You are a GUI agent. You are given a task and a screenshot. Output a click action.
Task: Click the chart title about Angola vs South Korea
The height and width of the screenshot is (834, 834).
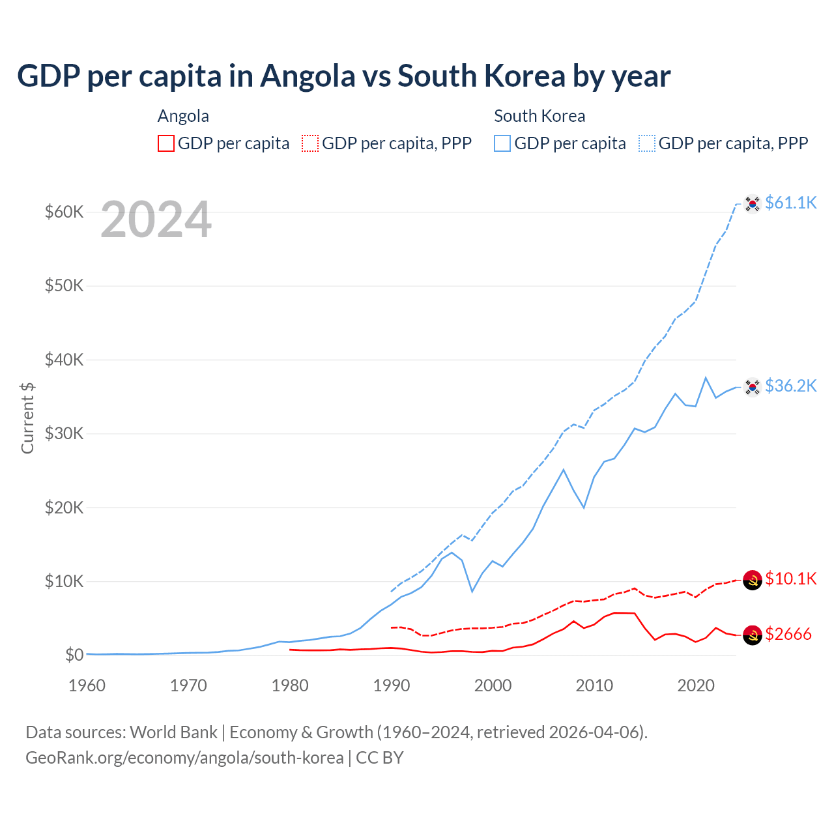pos(343,76)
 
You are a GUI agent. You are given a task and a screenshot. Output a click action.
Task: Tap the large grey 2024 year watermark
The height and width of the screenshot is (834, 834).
pos(156,220)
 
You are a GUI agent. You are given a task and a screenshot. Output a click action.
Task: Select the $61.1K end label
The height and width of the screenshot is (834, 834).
pos(790,203)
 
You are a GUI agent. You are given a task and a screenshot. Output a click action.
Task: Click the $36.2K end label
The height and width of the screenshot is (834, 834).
pos(790,386)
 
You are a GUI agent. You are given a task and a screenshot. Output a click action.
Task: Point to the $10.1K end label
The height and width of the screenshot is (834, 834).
pos(790,579)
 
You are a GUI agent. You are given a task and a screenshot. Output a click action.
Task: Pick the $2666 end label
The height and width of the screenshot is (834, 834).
pos(788,634)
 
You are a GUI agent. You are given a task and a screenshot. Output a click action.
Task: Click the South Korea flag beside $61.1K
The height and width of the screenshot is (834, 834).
pos(753,204)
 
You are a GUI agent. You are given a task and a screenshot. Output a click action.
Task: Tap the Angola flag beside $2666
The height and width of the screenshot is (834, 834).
pos(753,635)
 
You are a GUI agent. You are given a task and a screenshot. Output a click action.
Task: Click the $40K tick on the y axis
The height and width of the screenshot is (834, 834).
pos(64,360)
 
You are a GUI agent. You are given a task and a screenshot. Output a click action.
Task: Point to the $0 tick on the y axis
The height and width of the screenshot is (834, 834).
pos(74,655)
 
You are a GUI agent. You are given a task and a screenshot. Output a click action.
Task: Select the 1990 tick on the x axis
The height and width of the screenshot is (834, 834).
pos(392,685)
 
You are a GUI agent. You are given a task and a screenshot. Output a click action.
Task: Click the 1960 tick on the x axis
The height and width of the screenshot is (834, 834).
pos(87,685)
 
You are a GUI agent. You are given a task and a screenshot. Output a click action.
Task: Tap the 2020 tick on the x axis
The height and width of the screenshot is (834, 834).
pos(696,685)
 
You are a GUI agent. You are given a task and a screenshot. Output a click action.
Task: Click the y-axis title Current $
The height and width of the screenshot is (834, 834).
pos(27,418)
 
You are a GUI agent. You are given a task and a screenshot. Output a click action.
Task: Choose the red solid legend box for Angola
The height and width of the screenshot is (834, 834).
pos(166,143)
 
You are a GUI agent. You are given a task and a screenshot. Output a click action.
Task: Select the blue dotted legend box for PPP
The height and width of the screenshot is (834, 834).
pos(647,143)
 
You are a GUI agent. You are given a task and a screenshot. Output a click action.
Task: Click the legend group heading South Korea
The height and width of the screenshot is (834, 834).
pos(539,116)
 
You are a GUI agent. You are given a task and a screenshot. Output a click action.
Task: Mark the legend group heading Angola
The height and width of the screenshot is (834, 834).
pos(183,116)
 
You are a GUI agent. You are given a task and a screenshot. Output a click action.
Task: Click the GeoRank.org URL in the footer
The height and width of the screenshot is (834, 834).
pos(184,758)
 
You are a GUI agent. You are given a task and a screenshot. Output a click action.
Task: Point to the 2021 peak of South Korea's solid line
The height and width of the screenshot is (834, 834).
pos(706,378)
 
